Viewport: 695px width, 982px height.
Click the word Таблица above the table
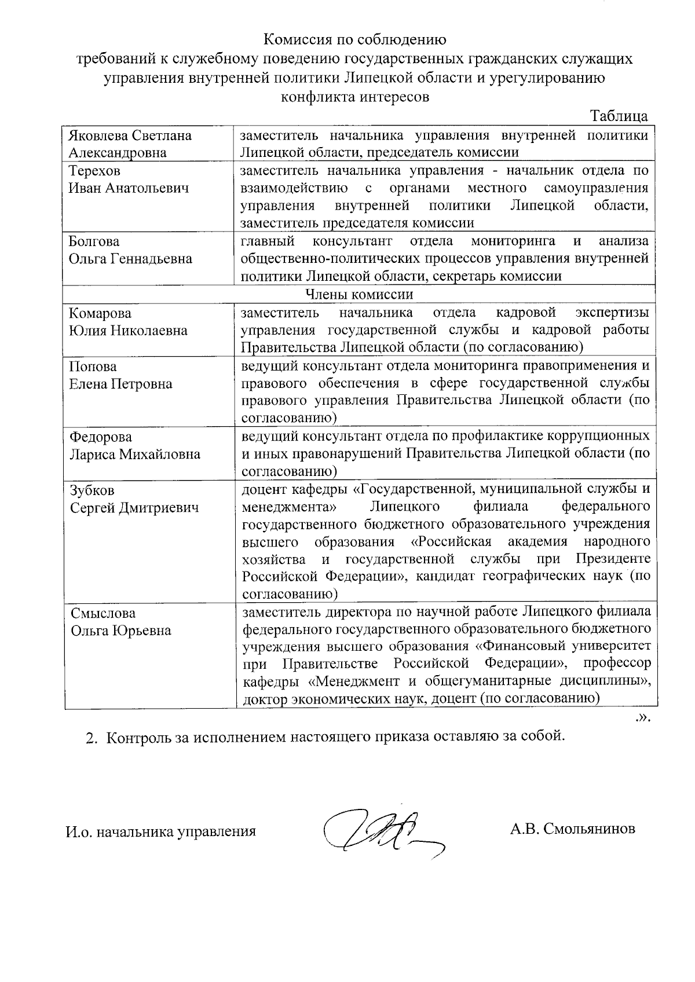point(618,116)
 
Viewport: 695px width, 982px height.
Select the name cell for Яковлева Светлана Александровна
point(130,144)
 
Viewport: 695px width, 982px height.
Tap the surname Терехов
point(94,171)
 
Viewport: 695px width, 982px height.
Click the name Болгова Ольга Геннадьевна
point(130,250)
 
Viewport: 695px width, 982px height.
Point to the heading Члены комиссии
point(359,294)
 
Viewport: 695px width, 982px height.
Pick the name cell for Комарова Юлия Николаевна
point(127,322)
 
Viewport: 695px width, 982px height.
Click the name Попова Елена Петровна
point(120,375)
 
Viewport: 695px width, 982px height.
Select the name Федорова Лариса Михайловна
point(134,446)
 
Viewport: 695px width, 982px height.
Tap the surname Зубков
point(92,490)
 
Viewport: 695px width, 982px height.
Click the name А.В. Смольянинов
point(572,829)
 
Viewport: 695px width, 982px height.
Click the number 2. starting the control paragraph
point(90,738)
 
